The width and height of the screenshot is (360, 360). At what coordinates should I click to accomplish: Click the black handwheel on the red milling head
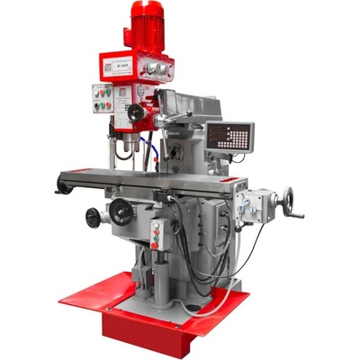[135, 112]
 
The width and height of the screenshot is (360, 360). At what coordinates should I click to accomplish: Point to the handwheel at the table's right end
[288, 199]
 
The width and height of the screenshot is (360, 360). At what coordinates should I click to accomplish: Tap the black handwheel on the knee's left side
[94, 217]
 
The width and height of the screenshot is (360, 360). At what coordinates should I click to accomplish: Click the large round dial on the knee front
[120, 213]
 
